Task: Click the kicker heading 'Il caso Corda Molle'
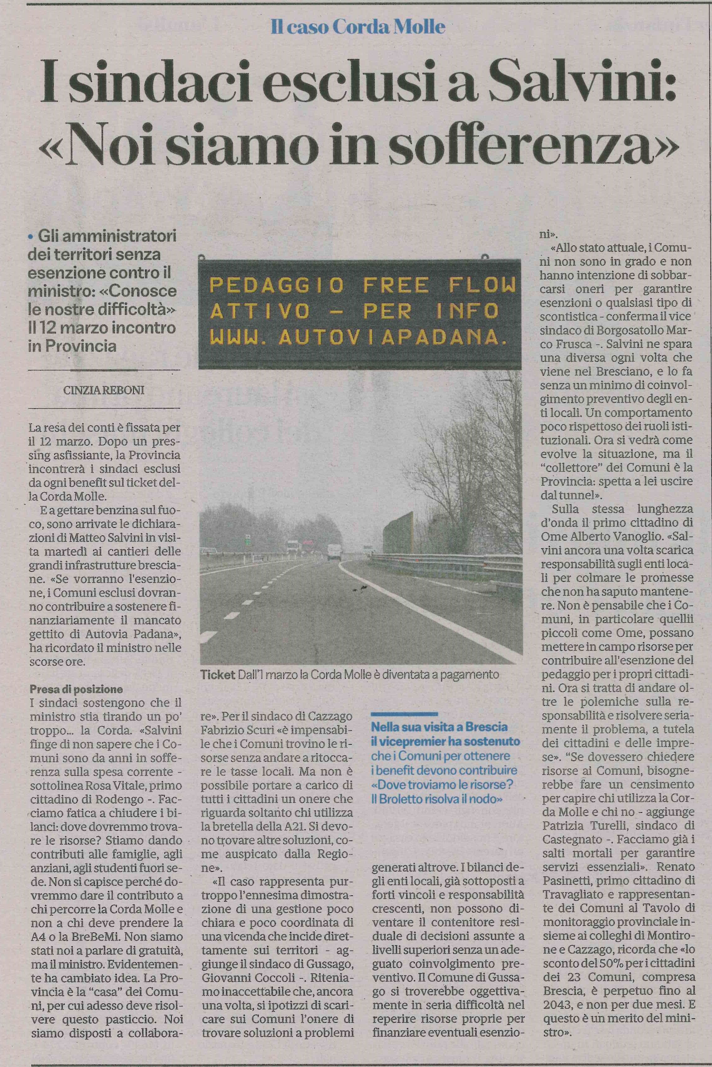358,27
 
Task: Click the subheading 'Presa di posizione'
76,689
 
